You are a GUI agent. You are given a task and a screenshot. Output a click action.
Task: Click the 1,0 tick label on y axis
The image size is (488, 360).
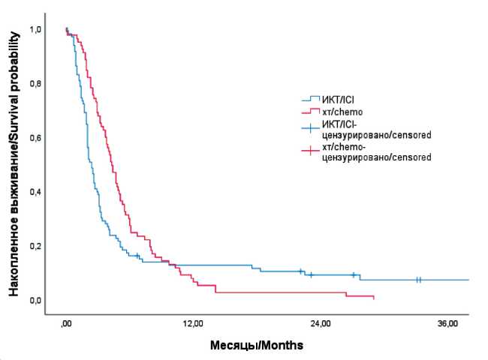[35, 29]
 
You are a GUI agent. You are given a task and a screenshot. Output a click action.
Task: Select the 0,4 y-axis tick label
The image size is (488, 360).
[35, 192]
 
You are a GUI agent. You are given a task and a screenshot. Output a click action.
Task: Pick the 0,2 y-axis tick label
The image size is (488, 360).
[35, 246]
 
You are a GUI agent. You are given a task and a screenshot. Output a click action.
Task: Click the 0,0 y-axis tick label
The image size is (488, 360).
[35, 300]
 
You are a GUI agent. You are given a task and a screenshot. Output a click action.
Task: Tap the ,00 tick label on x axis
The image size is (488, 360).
[66, 323]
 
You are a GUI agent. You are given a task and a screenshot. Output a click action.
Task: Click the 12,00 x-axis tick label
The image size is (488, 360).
[193, 323]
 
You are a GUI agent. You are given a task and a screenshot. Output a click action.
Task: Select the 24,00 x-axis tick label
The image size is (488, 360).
[321, 323]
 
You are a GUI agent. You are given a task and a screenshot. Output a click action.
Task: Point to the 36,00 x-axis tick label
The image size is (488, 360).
[447, 323]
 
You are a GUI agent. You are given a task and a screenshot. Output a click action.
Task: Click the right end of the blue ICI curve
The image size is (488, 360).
[468, 280]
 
